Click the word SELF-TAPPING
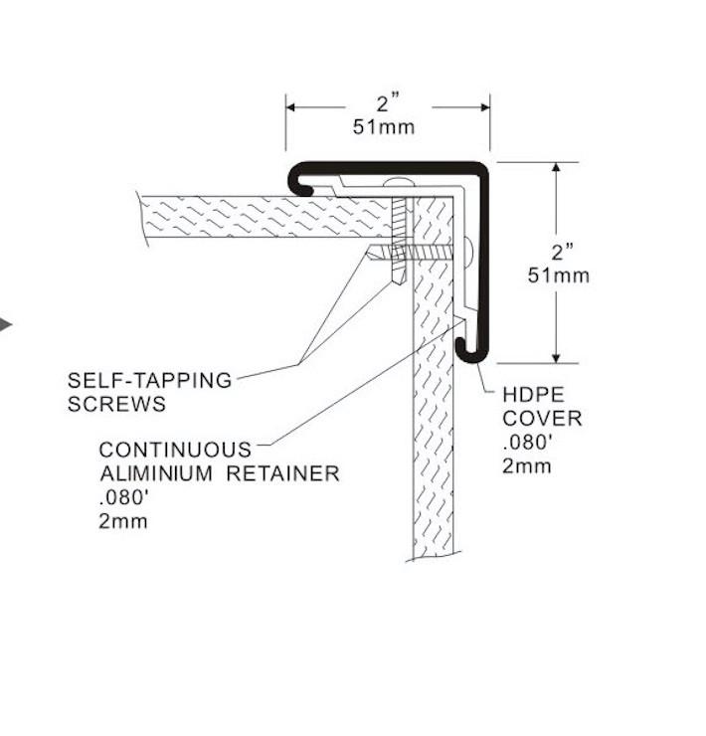pyautogui.click(x=149, y=380)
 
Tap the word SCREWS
pyautogui.click(x=116, y=404)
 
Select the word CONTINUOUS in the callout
pyautogui.click(x=175, y=450)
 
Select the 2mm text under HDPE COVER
pyautogui.click(x=526, y=465)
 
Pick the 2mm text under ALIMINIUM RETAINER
pyautogui.click(x=123, y=521)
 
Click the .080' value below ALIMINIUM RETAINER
pyautogui.click(x=123, y=497)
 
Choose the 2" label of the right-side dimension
pyautogui.click(x=555, y=251)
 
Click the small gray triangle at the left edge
pyautogui.click(x=5, y=324)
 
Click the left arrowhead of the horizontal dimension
pyautogui.click(x=293, y=104)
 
